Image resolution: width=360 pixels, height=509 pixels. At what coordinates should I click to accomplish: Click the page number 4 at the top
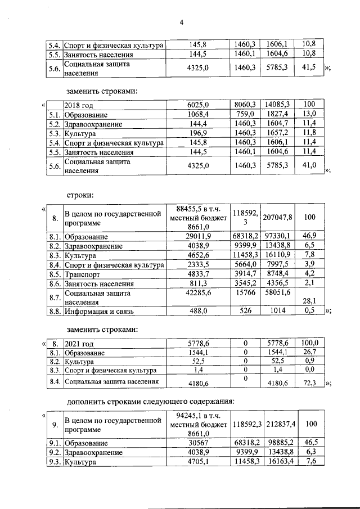pyautogui.click(x=182, y=22)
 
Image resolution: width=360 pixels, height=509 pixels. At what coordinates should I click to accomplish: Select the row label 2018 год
pyautogui.click(x=79, y=105)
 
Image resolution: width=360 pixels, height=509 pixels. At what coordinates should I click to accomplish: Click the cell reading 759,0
pyautogui.click(x=245, y=115)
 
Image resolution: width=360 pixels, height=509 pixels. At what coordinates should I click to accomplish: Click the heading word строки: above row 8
pyautogui.click(x=80, y=195)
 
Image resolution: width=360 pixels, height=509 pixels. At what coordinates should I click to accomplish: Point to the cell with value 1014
pyautogui.click(x=278, y=310)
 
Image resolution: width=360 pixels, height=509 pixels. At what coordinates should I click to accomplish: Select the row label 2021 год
pyautogui.click(x=78, y=343)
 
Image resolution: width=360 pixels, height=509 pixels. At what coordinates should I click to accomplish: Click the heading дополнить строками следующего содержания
pyautogui.click(x=150, y=402)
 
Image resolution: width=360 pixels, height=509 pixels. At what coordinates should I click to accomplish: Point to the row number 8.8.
pyautogui.click(x=55, y=310)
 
